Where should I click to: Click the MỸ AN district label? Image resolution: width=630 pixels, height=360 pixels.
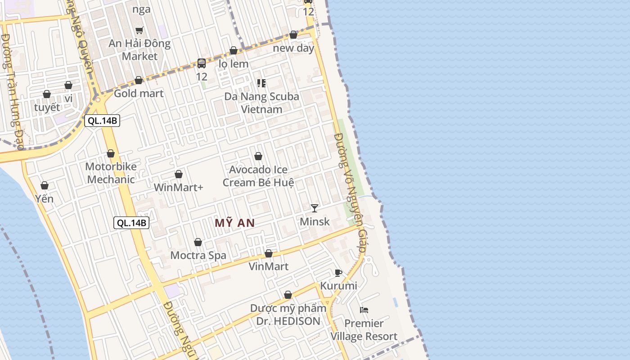(x=234, y=223)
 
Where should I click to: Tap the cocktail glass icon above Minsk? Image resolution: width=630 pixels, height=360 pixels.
(x=315, y=208)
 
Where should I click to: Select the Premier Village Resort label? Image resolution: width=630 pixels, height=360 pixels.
(x=364, y=330)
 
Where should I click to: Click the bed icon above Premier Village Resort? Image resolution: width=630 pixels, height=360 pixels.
(x=364, y=310)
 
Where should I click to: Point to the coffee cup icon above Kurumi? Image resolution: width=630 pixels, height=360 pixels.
(x=338, y=273)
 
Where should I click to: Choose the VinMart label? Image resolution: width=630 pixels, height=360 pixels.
(x=269, y=266)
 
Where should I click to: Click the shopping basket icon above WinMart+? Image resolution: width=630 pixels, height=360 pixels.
(x=179, y=174)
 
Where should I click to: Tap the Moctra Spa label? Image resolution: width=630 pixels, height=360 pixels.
(x=198, y=256)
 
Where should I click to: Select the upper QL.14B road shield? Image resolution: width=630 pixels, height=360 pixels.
(x=102, y=121)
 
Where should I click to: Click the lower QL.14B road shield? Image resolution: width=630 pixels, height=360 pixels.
(x=131, y=222)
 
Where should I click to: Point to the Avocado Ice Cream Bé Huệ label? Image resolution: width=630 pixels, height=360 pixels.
(x=258, y=176)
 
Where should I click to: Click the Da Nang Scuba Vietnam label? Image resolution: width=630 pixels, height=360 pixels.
(x=261, y=103)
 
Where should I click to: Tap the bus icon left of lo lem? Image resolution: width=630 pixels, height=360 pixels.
(x=202, y=63)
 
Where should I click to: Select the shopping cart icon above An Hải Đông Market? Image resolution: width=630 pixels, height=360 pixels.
(x=139, y=31)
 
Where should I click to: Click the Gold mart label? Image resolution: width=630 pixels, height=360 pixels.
(x=139, y=94)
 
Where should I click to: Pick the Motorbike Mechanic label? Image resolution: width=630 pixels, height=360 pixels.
(x=111, y=173)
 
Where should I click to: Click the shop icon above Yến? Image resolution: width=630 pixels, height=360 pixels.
(x=45, y=185)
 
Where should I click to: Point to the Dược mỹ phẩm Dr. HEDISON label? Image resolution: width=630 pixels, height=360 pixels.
(x=288, y=315)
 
